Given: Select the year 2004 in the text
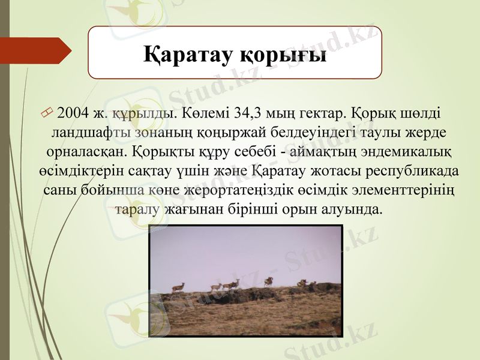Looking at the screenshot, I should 73,113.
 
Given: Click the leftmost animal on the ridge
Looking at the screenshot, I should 178,287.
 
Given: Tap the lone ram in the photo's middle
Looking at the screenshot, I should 269,281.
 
